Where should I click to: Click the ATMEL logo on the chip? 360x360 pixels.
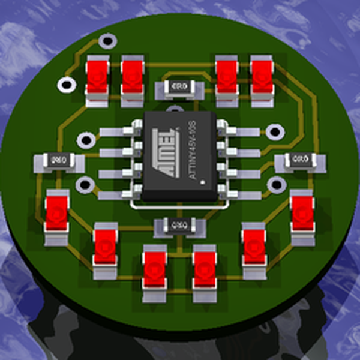click(x=169, y=154)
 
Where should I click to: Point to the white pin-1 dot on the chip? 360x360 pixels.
click(x=203, y=181)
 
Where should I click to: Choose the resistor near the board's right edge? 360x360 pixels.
click(x=300, y=160)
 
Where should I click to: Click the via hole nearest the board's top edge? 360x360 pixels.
click(x=107, y=41)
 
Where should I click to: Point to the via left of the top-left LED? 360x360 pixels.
click(x=64, y=85)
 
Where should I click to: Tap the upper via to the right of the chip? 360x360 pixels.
click(x=275, y=131)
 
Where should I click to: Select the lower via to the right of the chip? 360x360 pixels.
click(x=275, y=184)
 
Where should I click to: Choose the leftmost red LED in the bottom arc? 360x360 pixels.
click(x=57, y=214)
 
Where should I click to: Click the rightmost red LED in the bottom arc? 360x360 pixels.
click(x=302, y=213)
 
